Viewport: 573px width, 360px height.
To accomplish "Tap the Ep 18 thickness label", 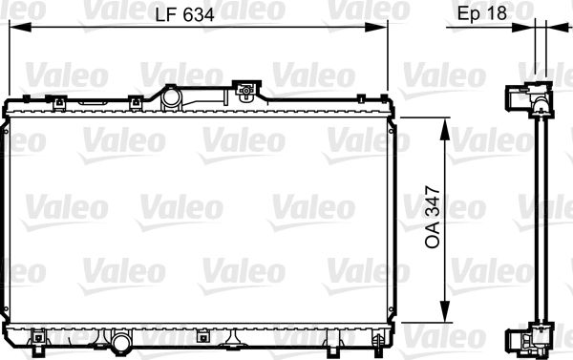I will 481,14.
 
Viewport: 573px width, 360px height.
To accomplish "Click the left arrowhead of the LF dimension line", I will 12,29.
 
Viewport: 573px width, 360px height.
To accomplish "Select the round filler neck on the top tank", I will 173,96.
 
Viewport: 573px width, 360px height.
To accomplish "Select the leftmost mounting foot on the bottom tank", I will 39,338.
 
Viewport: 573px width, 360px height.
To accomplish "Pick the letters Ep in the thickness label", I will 468,14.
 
